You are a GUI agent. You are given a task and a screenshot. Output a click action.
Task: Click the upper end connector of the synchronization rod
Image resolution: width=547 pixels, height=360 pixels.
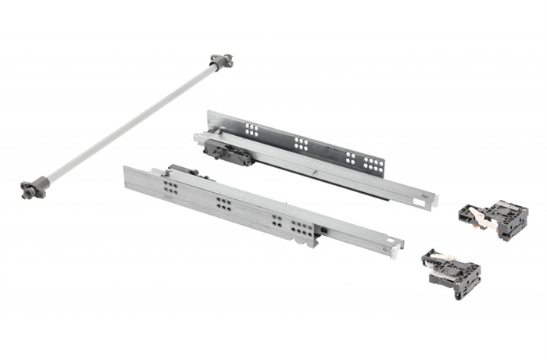pos(220,60)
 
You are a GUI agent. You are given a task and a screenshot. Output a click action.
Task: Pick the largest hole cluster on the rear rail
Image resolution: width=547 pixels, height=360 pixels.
pos(374,164)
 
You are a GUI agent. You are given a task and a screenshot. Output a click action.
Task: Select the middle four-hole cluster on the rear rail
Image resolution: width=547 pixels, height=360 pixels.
pos(300,142)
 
